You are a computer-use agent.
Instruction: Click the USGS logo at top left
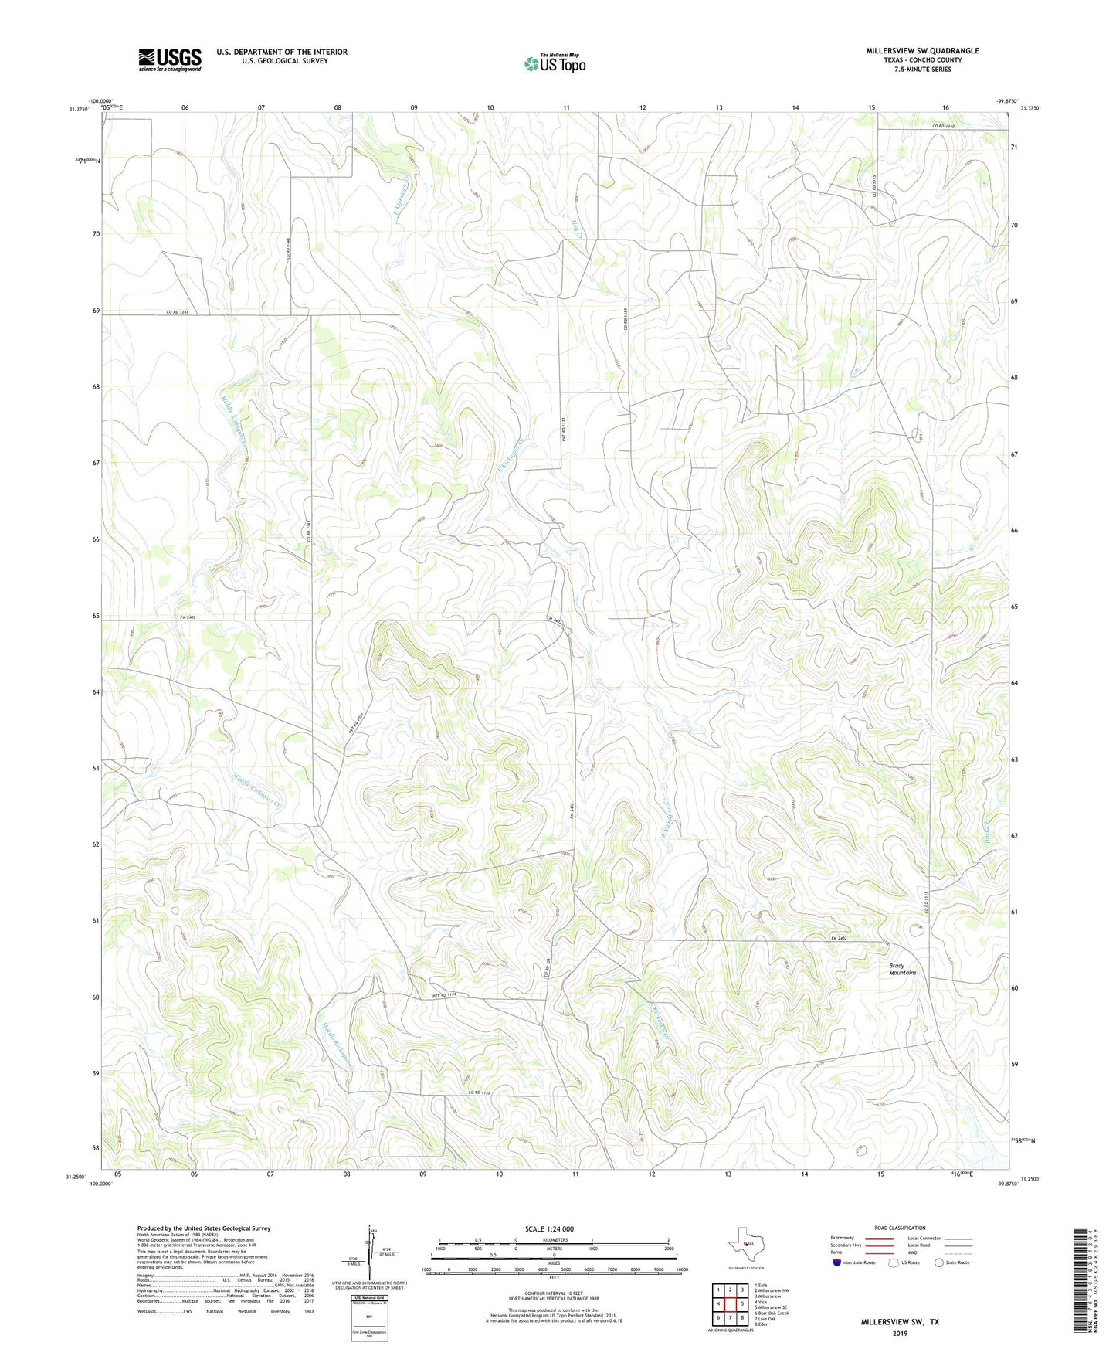coord(170,59)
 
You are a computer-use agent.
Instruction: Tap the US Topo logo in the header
coord(555,63)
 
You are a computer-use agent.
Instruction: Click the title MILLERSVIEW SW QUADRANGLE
coord(911,51)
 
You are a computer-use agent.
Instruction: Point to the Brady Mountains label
coord(902,969)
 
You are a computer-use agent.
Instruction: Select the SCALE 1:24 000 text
coord(548,1228)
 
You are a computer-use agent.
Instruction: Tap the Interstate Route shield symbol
coord(837,1262)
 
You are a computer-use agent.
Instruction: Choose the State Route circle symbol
coord(939,1262)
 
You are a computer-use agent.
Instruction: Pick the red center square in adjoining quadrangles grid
coord(730,1303)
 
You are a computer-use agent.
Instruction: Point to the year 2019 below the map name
coord(900,1333)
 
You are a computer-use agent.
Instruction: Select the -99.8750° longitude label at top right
coord(1006,100)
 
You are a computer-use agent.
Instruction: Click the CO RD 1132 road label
coord(480,1092)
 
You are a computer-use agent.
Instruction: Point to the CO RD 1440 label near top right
coord(944,126)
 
